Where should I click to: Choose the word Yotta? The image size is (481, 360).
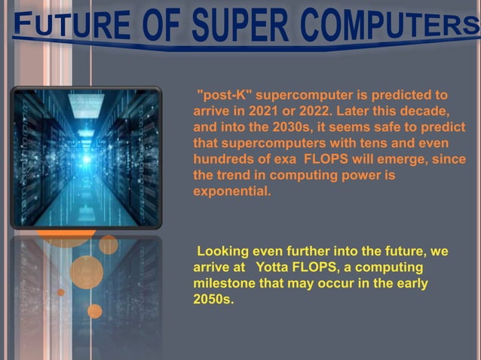pyautogui.click(x=274, y=267)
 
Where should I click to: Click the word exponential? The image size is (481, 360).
pyautogui.click(x=231, y=191)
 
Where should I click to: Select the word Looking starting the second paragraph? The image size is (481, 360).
pyautogui.click(x=223, y=252)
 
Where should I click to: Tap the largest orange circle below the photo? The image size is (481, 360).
pyautogui.click(x=86, y=272)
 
